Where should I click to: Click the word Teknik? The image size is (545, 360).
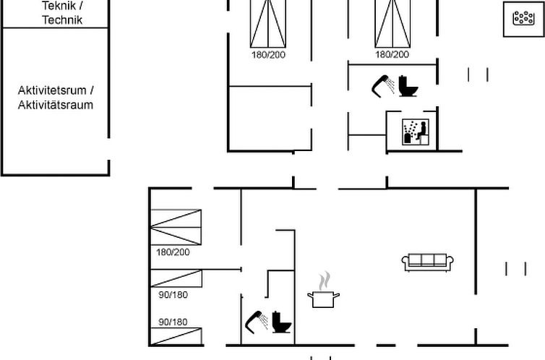point(59,6)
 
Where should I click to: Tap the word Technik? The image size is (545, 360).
point(62,20)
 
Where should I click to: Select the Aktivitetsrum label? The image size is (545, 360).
point(52,90)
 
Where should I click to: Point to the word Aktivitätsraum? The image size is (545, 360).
point(56,105)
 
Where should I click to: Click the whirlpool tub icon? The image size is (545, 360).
point(523,18)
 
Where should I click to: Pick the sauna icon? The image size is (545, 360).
point(416,132)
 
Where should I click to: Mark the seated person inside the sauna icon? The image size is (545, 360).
point(422,131)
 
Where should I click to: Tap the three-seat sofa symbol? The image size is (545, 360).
point(427,262)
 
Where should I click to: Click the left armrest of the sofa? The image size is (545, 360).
point(405,262)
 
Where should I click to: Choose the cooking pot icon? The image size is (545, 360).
point(323,299)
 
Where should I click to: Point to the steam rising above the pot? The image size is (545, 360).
point(325,280)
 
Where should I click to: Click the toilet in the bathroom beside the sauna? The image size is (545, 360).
point(408,86)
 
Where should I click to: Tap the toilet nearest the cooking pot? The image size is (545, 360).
point(281,322)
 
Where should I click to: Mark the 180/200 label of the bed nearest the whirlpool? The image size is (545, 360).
point(392,54)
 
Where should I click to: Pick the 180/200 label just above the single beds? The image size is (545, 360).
point(173,252)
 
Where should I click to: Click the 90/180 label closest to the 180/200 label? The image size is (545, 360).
point(173,295)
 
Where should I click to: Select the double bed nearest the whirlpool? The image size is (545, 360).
point(392,24)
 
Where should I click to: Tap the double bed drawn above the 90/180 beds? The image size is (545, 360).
point(176,227)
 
